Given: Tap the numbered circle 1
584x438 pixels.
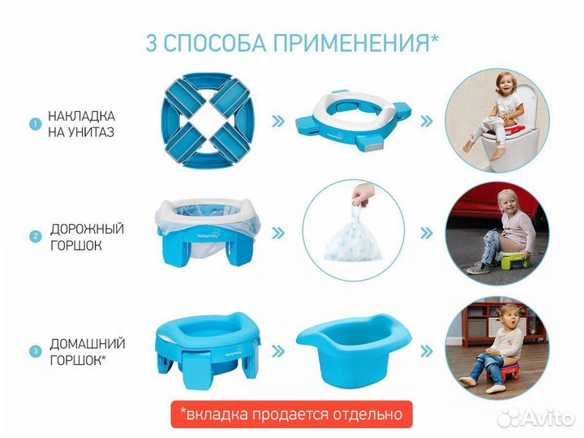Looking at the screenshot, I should tap(35, 124).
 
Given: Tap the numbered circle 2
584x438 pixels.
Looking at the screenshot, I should tap(35, 237).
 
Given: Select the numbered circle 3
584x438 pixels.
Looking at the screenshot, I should tap(35, 351).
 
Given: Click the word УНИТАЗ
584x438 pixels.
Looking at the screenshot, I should tap(76, 132).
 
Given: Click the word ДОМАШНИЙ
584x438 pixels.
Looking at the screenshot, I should tap(84, 343).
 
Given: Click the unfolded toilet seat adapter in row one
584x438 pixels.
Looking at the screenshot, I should tap(351, 122).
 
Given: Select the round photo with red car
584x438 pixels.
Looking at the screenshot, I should tap(492, 234).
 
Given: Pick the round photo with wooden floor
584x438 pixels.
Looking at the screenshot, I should tap(492, 347).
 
